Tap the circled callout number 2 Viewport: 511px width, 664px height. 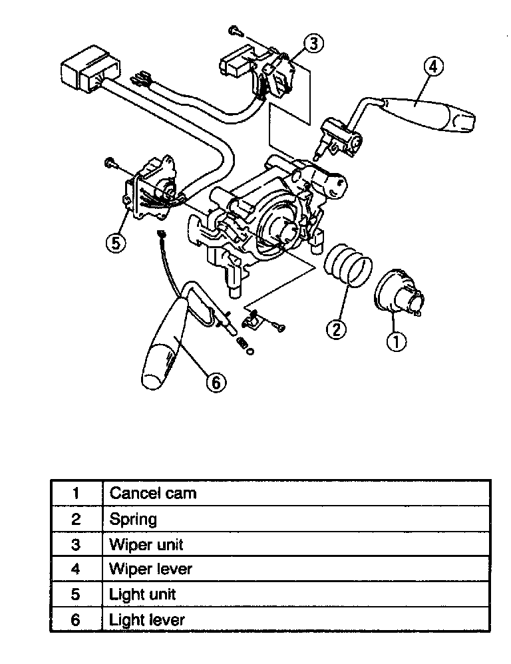(x=337, y=328)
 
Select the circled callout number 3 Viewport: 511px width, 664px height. (x=313, y=44)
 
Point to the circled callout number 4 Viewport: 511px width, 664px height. (x=432, y=67)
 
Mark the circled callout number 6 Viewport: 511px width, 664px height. (x=215, y=381)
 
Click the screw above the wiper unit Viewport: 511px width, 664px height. (x=234, y=29)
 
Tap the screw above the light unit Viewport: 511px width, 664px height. (x=109, y=162)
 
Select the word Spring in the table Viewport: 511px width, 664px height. (x=133, y=518)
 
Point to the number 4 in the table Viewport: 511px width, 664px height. (x=76, y=570)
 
